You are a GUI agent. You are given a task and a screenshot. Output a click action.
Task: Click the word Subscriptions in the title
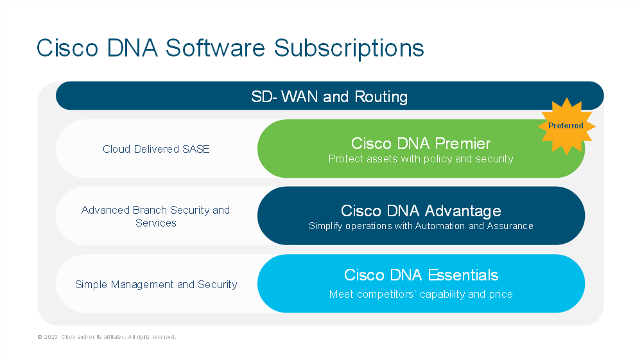point(349,49)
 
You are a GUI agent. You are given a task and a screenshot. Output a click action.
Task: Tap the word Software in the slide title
point(215,47)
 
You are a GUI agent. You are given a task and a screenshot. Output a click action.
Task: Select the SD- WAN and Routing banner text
point(329,96)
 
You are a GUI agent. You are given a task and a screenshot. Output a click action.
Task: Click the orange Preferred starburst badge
point(566,126)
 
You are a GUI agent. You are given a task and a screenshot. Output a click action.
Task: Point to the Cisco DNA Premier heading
point(421,144)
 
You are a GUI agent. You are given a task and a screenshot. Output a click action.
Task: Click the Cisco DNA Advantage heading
point(421,211)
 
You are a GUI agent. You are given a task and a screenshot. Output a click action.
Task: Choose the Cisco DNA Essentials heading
point(421,275)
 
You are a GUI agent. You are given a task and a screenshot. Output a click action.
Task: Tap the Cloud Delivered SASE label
point(156,149)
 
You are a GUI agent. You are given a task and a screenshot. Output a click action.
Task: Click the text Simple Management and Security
point(156,284)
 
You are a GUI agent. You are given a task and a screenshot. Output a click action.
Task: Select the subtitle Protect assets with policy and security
point(421,159)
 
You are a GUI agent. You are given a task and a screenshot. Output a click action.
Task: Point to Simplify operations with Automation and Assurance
point(421,226)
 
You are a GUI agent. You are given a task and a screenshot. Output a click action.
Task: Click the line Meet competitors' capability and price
point(421,294)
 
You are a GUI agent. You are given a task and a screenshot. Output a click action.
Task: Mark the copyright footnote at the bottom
point(107,337)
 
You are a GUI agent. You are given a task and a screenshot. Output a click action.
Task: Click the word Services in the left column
point(156,223)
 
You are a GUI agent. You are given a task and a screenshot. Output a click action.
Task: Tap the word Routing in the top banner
point(381,97)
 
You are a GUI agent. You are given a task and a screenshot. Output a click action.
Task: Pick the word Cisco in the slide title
point(67,47)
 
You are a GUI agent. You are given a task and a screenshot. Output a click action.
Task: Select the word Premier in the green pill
point(463,144)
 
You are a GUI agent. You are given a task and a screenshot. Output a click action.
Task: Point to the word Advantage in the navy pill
point(463,211)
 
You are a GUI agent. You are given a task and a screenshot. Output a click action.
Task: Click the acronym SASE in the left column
point(196,149)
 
